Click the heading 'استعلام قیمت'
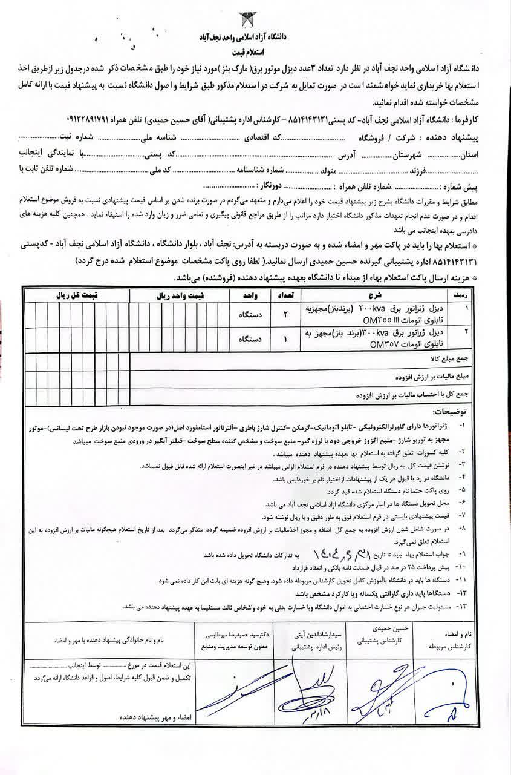pos(254,53)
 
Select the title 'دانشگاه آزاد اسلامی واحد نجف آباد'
pos(254,38)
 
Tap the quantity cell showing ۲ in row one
pos(286,314)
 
